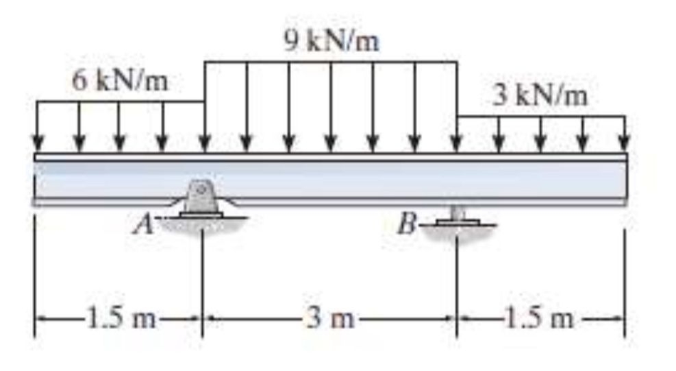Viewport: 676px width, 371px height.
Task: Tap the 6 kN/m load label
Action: tap(120, 82)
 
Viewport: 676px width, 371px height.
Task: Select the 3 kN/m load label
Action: tap(541, 96)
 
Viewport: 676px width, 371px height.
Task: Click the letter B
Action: tap(408, 224)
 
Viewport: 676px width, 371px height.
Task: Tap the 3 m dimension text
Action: tap(329, 319)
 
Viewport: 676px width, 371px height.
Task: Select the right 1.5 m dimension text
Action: tap(541, 319)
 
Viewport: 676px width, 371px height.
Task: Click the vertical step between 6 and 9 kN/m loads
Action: tap(205, 82)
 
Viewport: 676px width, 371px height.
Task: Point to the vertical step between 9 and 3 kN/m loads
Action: tap(457, 89)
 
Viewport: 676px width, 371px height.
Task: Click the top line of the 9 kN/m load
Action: tap(331, 62)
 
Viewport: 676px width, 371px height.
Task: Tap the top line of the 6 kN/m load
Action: tap(121, 101)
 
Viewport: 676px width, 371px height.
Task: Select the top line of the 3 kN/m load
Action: tap(541, 117)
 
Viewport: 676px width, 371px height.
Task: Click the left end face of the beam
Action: tap(35, 180)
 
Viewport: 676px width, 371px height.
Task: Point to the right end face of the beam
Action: tap(625, 180)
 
